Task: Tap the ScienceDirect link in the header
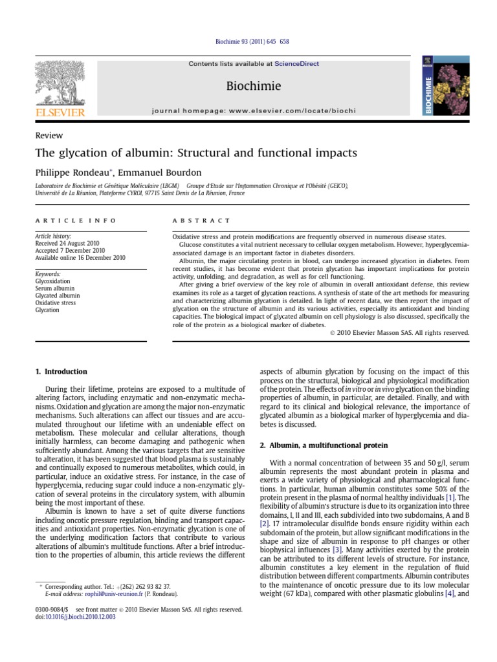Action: [x=296, y=64]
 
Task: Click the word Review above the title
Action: [x=49, y=135]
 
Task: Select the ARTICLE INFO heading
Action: [x=76, y=220]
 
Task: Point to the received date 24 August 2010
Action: [x=70, y=243]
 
